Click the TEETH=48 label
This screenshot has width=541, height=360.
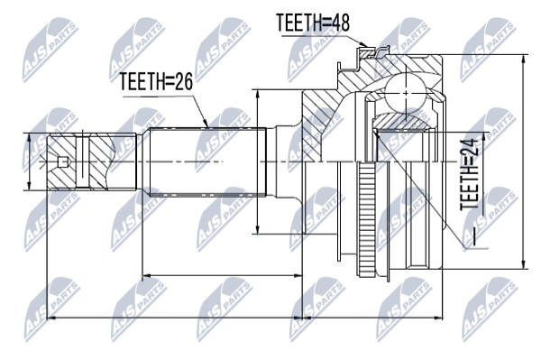(x=313, y=23)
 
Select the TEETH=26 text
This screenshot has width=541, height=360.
(x=156, y=81)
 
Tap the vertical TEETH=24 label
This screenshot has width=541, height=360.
(x=470, y=175)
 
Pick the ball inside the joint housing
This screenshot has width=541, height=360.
(x=406, y=93)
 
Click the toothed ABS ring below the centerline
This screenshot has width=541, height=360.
(x=366, y=219)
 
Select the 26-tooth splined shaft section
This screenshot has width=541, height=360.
(x=207, y=162)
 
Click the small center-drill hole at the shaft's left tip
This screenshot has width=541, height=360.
(x=62, y=162)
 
